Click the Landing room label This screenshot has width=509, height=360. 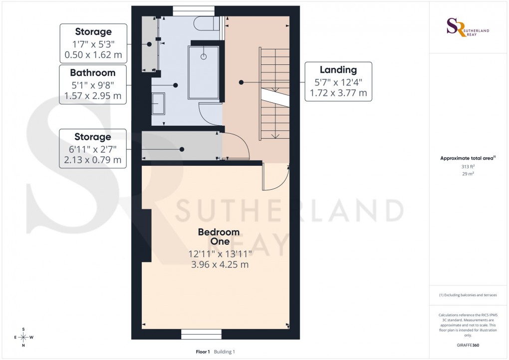click(338, 70)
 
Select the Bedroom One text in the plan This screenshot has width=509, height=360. click(219, 237)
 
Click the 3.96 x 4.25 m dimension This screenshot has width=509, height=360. click(220, 265)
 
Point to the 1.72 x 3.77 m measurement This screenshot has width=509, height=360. click(338, 93)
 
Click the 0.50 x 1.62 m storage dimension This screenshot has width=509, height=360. click(93, 55)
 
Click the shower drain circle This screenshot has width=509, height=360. click(204, 57)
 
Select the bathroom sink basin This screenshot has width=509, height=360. click(159, 104)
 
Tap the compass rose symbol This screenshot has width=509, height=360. click(23, 337)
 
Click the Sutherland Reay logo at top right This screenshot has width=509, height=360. click(467, 27)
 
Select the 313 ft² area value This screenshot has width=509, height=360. click(468, 167)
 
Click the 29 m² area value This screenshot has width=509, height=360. click(468, 174)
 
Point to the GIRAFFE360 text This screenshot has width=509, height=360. click(468, 345)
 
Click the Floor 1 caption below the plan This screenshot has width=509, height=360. click(203, 352)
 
